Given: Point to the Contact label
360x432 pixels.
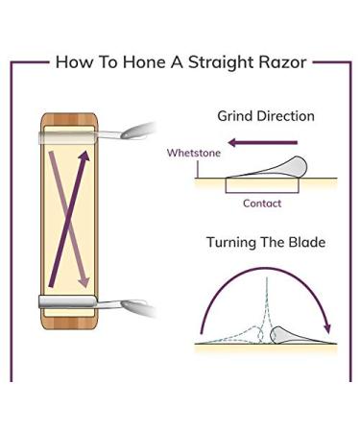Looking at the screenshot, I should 262,204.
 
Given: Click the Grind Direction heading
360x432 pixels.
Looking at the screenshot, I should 266,116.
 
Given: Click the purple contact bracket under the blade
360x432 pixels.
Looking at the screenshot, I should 262,189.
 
